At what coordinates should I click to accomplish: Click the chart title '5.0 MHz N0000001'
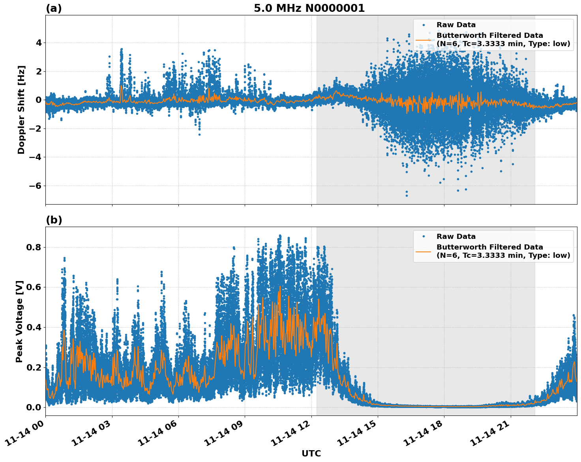pyautogui.click(x=309, y=8)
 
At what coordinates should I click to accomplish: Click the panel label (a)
pyautogui.click(x=54, y=8)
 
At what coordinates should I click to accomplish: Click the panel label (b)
pyautogui.click(x=54, y=220)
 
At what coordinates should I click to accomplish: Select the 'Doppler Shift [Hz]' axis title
pyautogui.click(x=21, y=110)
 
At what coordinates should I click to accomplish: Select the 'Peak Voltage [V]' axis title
pyautogui.click(x=19, y=321)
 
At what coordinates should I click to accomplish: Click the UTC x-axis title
pyautogui.click(x=311, y=453)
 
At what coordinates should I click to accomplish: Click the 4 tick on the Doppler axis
pyautogui.click(x=38, y=43)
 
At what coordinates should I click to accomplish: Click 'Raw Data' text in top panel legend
pyautogui.click(x=456, y=25)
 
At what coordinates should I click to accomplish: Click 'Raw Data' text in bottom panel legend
pyautogui.click(x=456, y=237)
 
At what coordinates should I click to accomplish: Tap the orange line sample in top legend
pyautogui.click(x=424, y=40)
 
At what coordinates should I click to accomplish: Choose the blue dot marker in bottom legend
pyautogui.click(x=424, y=237)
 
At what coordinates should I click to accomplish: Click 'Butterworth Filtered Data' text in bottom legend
pyautogui.click(x=489, y=247)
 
